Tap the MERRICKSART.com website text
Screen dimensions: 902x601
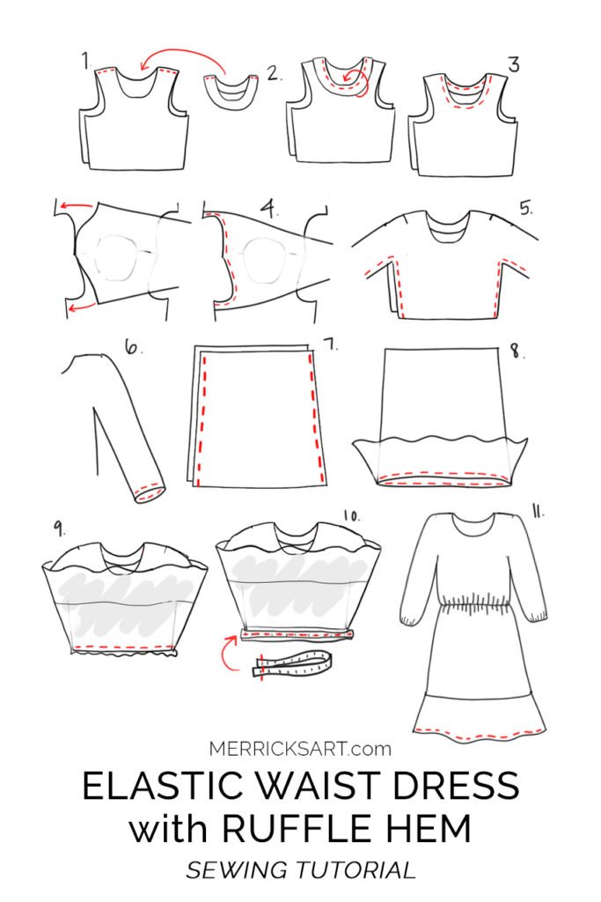pyautogui.click(x=300, y=749)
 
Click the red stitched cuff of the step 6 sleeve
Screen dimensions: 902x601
pyautogui.click(x=149, y=491)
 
